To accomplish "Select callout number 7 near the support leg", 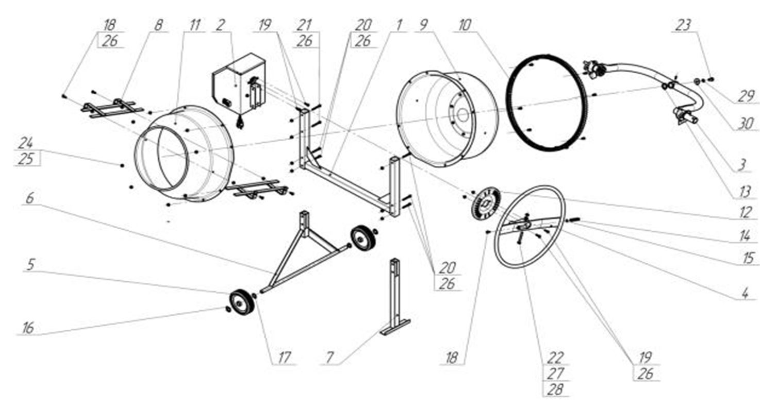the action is pos(329,357).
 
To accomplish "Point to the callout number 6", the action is pos(30,198).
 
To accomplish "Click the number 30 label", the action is pos(746,123).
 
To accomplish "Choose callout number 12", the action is pos(746,212).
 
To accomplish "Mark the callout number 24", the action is pos(25,143).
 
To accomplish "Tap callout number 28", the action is pos(555,389).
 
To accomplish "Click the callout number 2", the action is pos(220,25).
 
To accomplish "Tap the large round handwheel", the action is pos(530,226).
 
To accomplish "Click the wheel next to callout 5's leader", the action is pos(242,302).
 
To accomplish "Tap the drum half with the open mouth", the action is pos(184,154).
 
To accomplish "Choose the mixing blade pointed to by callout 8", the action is pos(112,108).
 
